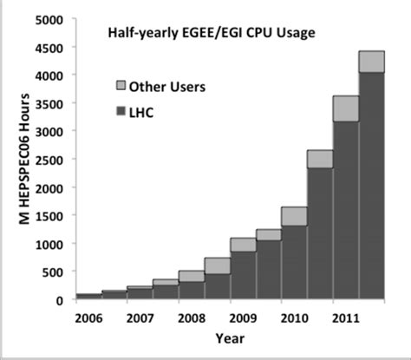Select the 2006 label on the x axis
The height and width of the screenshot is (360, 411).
click(91, 317)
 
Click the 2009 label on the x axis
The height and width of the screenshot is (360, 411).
click(244, 317)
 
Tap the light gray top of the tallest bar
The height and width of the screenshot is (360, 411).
click(371, 62)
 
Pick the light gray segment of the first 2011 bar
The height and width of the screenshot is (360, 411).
click(345, 108)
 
